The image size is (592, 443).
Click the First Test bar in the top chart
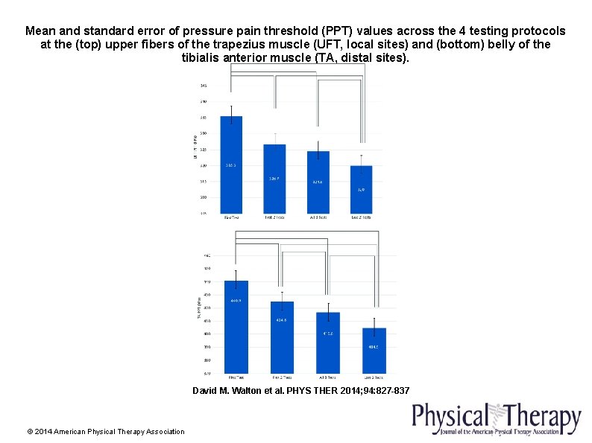(231, 165)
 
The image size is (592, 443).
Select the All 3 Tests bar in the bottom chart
(328, 342)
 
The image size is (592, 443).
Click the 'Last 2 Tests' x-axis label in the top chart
(361, 217)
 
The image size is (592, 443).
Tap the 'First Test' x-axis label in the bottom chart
(236, 377)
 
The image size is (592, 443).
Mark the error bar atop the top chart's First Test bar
(231, 111)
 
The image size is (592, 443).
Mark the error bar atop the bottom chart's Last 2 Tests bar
(374, 322)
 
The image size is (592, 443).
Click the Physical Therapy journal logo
(496, 418)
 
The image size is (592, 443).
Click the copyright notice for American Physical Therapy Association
(105, 432)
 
